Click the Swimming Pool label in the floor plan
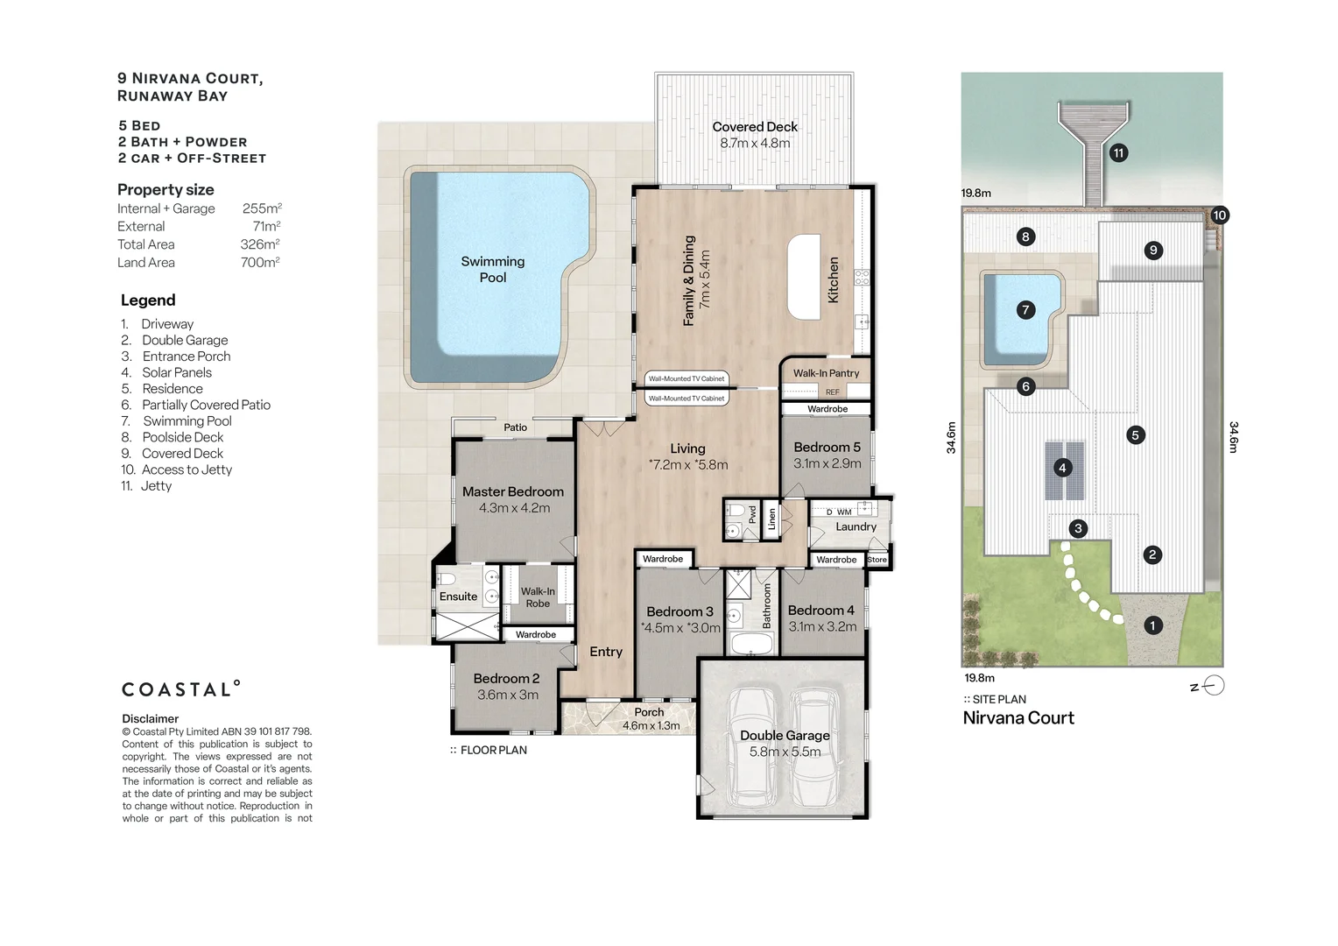point(493,270)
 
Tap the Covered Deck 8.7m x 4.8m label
point(755,135)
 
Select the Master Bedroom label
point(513,491)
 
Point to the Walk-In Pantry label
point(826,373)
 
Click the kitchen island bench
point(804,277)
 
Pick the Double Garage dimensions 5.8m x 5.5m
point(785,752)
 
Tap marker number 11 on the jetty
point(1119,153)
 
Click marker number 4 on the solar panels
point(1062,468)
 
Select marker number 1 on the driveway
point(1153,625)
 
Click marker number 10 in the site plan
point(1219,215)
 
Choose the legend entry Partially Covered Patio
point(195,406)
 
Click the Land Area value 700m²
point(260,263)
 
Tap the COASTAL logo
point(181,689)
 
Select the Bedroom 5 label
point(827,447)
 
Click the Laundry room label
point(856,526)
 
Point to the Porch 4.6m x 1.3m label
point(651,719)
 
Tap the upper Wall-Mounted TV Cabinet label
point(687,379)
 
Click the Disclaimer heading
point(150,719)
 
